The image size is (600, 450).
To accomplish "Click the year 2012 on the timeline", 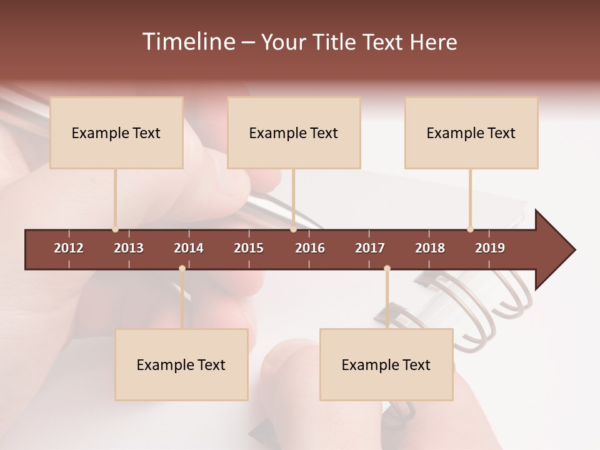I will tap(69, 248).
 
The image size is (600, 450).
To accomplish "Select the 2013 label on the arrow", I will tap(129, 248).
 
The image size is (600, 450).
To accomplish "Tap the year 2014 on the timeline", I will tap(189, 248).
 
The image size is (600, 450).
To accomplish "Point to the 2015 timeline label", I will tap(249, 248).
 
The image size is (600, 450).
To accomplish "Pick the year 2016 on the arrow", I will tap(310, 248).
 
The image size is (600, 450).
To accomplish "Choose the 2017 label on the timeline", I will tap(370, 248).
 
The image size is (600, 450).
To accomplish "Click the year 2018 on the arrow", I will tap(430, 248).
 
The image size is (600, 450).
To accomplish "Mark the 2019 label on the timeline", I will tap(490, 248).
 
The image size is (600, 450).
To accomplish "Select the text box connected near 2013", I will tap(116, 132).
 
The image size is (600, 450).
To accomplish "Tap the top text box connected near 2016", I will tap(294, 132).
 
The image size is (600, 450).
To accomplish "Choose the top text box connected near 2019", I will tap(471, 132).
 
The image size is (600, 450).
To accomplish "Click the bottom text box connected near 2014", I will tap(181, 364).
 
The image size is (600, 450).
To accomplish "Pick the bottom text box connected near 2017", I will tap(386, 364).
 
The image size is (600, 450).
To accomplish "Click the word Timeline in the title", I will tap(187, 42).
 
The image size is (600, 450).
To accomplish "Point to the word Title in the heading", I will tap(335, 42).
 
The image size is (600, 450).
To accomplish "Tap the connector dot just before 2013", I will tap(115, 229).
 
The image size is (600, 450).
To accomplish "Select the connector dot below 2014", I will tap(182, 269).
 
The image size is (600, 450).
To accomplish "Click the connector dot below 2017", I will tap(387, 269).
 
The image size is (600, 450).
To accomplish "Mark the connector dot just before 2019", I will tap(470, 229).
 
